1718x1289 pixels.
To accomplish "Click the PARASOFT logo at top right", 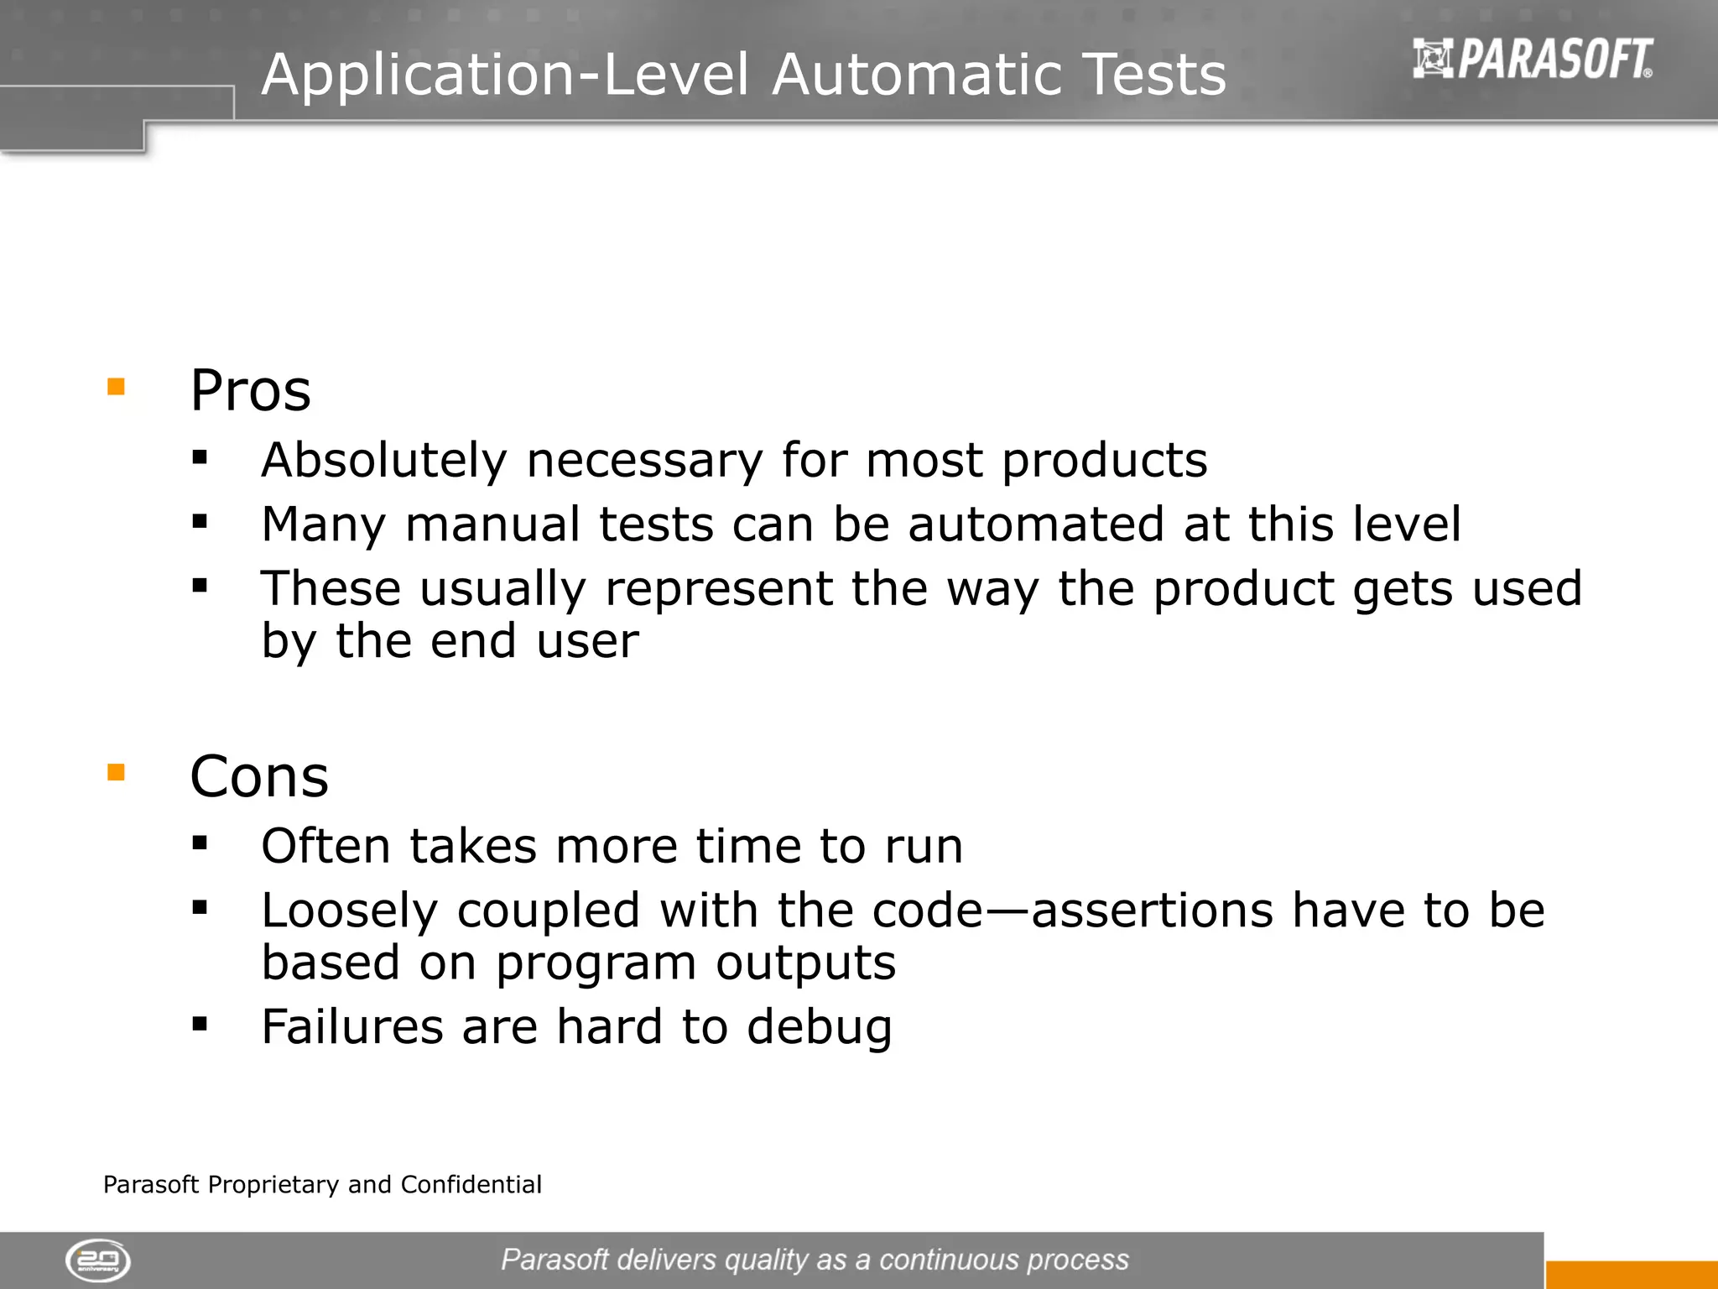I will click(1533, 59).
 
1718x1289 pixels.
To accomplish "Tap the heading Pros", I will click(250, 391).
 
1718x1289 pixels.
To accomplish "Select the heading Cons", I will click(259, 776).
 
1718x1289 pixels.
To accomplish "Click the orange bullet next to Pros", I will click(116, 387).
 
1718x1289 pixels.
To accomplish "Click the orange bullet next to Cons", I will click(116, 772).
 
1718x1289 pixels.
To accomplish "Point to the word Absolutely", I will click(383, 461).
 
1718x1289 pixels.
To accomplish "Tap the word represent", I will click(718, 588).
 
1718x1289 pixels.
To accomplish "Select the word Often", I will click(325, 846).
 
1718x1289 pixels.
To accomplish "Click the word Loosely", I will click(349, 911).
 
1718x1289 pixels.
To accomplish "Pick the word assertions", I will click(1152, 911).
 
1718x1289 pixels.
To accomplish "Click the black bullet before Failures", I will click(200, 1023).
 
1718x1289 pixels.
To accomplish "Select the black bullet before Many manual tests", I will click(200, 521).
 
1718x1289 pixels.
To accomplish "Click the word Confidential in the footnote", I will click(471, 1184).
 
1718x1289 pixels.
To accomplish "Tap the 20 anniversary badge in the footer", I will click(98, 1260).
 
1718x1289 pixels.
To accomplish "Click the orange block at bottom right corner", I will click(1631, 1275).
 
